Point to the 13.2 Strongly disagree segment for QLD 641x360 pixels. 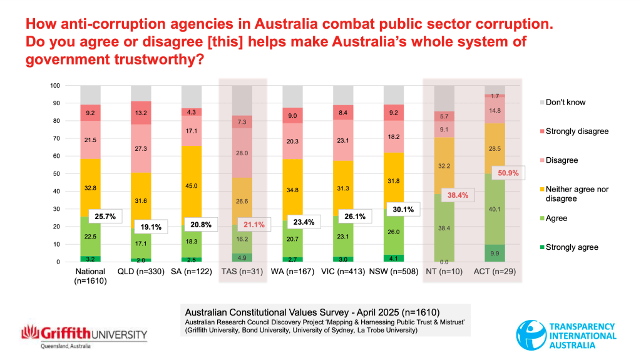(x=141, y=113)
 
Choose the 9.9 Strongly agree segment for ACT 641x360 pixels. (x=495, y=254)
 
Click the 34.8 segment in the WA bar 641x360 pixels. (x=292, y=189)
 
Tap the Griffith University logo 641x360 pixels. (x=85, y=336)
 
